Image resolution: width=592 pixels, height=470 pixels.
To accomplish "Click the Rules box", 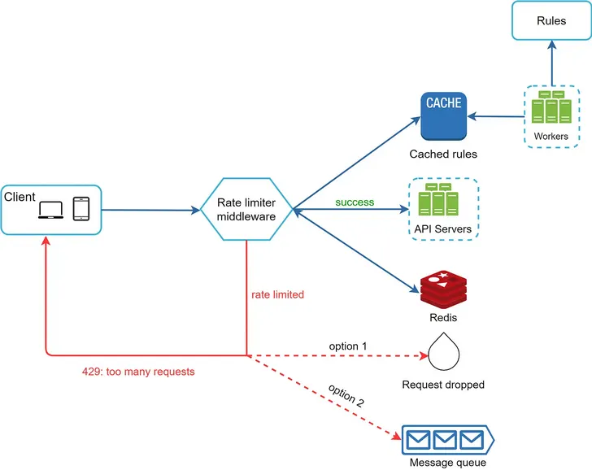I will tap(551, 21).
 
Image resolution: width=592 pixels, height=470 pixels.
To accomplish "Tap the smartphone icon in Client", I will tap(81, 208).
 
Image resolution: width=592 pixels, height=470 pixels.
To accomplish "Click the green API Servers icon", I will tap(442, 200).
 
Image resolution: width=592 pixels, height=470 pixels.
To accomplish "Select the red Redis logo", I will tap(443, 289).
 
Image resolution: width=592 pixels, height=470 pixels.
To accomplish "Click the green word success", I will tap(355, 202).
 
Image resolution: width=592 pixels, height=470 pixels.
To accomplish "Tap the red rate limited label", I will tap(278, 294).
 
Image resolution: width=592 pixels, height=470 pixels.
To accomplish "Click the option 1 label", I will tap(348, 346).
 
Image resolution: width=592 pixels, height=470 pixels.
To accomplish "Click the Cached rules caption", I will tap(443, 154).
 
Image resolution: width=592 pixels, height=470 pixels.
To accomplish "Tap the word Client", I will tap(20, 198).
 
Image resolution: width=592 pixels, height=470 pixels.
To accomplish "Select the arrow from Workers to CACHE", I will tap(496, 117).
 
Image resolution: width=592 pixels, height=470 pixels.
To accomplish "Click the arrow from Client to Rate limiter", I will tap(150, 211).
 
